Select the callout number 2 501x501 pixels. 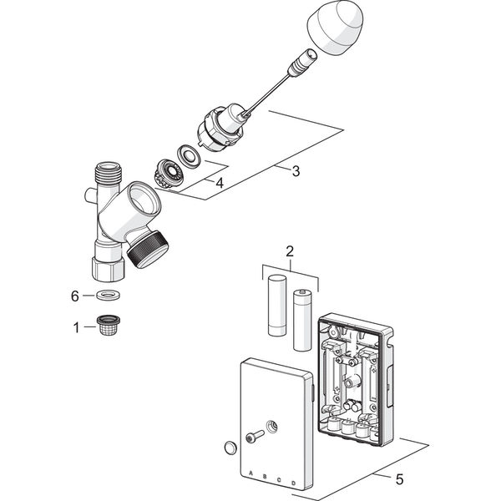point(290,250)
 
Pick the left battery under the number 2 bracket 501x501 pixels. point(277,306)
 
